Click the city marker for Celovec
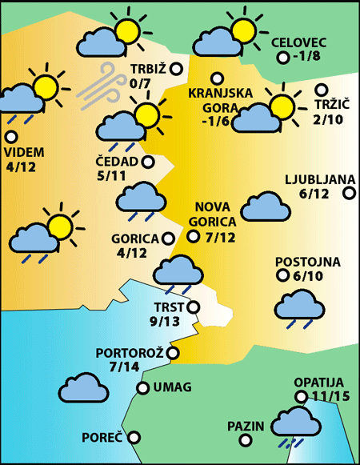click(x=282, y=58)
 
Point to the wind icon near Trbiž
click(x=98, y=87)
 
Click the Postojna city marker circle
click(x=282, y=275)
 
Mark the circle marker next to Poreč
click(x=134, y=438)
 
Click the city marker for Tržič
click(x=322, y=90)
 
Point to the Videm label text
click(x=24, y=152)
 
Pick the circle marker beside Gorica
click(x=168, y=238)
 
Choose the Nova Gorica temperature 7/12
click(x=220, y=237)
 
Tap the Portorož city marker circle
click(x=173, y=352)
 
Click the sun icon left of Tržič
click(x=282, y=106)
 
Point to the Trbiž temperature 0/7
click(x=140, y=82)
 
